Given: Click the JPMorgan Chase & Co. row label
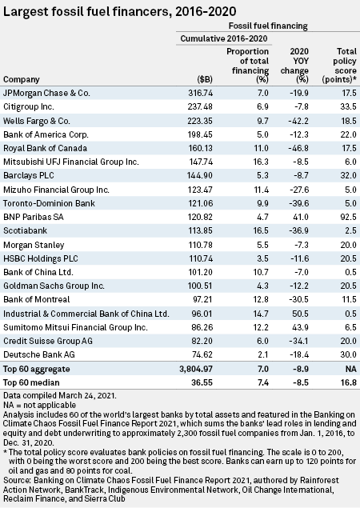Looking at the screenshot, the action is pos(46,93).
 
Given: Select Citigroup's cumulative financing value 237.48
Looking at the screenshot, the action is pos(200,106).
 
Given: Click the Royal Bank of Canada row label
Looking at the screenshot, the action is pos(45,148).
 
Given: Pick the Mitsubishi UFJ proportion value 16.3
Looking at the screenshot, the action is pos(261,162).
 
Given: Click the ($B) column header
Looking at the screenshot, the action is pos(205,80).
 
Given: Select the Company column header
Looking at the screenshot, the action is pos(22,80).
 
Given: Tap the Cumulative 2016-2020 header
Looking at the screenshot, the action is pos(224,38).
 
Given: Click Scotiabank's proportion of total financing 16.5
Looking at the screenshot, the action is pos(261,230).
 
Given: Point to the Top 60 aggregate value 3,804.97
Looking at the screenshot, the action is pos(196,369).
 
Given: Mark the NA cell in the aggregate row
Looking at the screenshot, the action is pos(350,369).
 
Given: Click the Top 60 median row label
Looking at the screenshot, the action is pos(31,382).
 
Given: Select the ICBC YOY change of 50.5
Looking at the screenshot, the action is pos(301,314).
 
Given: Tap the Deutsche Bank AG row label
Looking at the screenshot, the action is pos(39,354).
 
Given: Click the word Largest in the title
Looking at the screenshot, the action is pos(22,12).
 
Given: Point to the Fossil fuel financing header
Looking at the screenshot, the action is pos(268,26).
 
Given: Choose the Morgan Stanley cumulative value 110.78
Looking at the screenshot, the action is pos(201,245).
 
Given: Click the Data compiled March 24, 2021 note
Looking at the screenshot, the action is pos(60,395).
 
